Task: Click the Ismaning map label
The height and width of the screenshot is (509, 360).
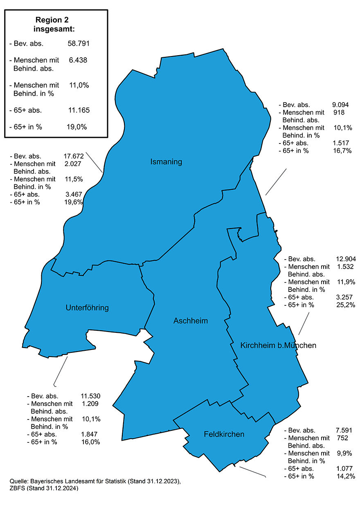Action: click(166, 162)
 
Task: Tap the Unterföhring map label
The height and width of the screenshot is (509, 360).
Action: click(87, 308)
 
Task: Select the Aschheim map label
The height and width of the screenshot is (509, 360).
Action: click(191, 321)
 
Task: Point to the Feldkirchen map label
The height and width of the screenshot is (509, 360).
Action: click(224, 434)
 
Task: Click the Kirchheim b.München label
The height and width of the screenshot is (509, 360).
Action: click(278, 345)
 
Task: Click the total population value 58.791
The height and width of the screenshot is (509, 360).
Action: click(78, 43)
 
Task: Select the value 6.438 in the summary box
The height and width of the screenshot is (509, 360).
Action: click(78, 60)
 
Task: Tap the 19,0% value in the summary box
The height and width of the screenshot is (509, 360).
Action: click(77, 127)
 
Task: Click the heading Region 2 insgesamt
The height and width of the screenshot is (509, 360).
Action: click(55, 24)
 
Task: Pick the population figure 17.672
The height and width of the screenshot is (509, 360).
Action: click(74, 156)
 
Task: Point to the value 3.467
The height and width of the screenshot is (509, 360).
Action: click(74, 195)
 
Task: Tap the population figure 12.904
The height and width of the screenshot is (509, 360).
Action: click(346, 259)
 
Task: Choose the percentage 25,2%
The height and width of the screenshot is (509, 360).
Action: click(346, 305)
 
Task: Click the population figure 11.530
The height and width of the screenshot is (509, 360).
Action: click(90, 396)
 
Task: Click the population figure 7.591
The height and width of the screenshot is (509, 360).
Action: click(344, 430)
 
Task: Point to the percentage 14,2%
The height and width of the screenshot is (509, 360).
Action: click(345, 476)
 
